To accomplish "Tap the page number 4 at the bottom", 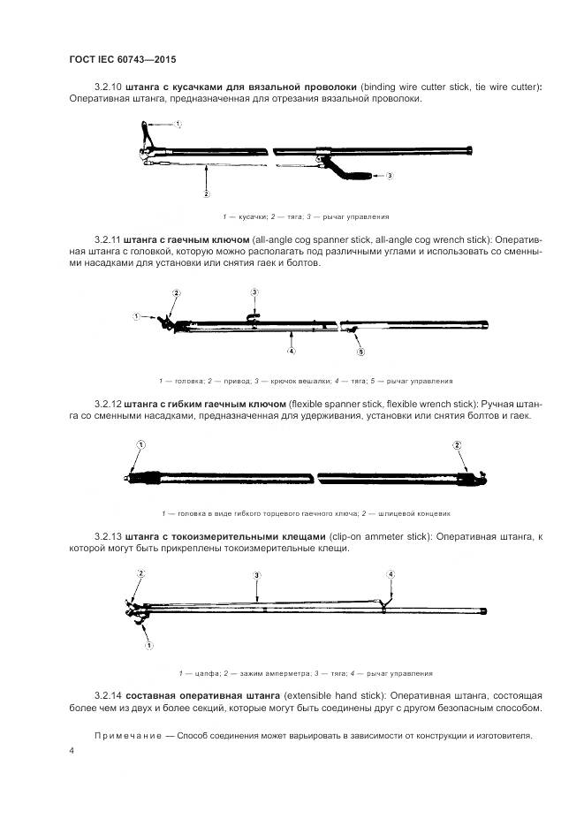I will point(71,750).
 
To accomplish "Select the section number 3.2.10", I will point(108,87).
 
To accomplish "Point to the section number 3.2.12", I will point(108,404).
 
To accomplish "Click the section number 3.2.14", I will point(108,696).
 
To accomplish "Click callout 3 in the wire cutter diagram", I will point(390,176).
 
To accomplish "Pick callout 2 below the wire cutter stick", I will point(206,193).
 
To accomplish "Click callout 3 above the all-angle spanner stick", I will point(255,292).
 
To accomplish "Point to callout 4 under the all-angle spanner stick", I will point(290,351).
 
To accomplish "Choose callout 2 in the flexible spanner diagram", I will point(457,444).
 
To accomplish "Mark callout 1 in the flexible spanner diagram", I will point(140,444).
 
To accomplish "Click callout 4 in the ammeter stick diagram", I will point(391,575).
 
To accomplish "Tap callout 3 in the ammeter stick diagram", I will point(256,575).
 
